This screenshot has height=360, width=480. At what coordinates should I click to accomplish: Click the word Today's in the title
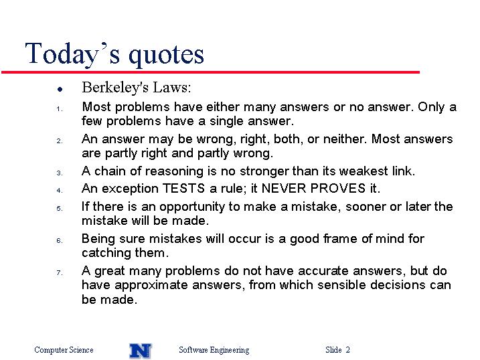[x=72, y=54]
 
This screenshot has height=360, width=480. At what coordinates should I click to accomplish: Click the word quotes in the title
[x=166, y=55]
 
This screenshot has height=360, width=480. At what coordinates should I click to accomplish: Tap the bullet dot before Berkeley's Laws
[x=60, y=89]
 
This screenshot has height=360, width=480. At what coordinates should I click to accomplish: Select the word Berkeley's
[x=115, y=88]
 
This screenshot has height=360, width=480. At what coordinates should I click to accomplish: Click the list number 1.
[x=60, y=108]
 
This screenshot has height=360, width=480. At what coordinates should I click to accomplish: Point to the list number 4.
[x=60, y=190]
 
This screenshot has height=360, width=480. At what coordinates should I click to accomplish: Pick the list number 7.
[x=60, y=272]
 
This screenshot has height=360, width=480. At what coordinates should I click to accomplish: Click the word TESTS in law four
[x=183, y=188]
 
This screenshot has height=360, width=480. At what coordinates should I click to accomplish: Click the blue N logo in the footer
[x=141, y=351]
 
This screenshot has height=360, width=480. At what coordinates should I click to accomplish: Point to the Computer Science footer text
[x=64, y=349]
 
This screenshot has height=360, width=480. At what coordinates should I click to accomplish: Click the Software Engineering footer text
[x=214, y=350]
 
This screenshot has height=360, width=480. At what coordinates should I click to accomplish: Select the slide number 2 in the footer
[x=347, y=349]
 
